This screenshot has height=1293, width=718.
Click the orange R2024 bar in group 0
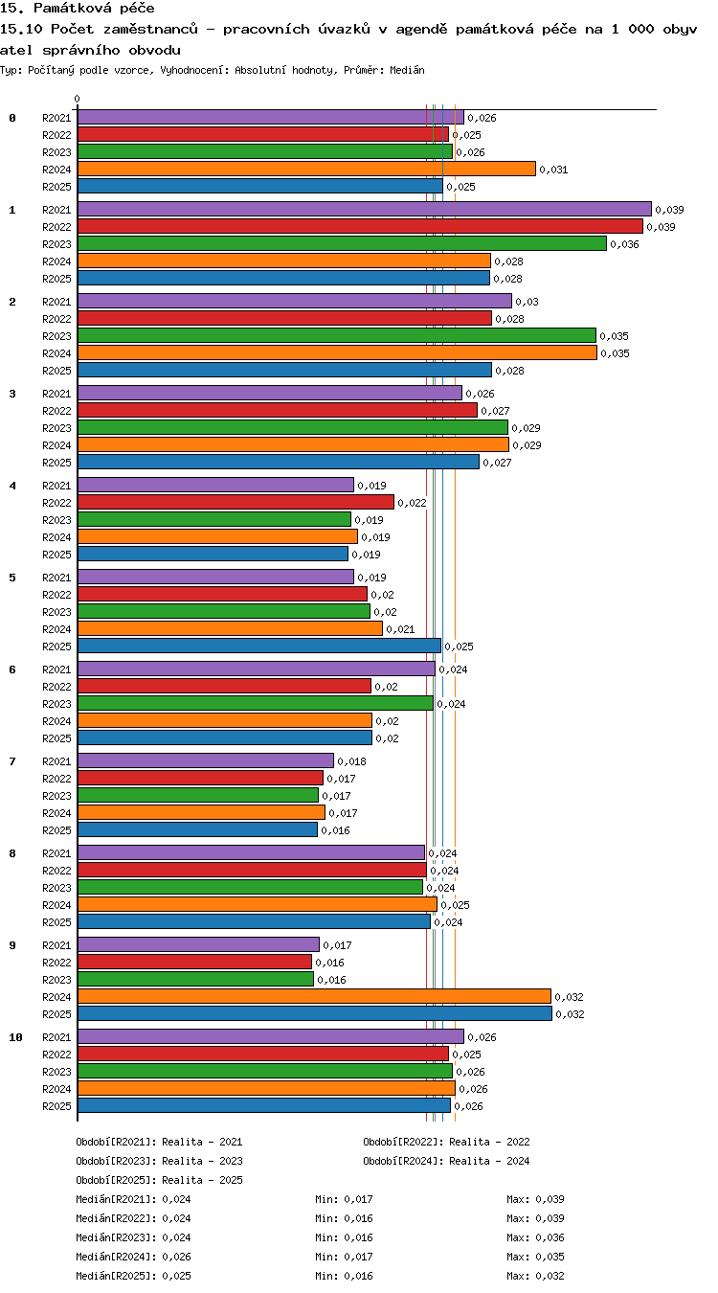click(x=306, y=170)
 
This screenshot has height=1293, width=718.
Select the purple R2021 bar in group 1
click(x=365, y=209)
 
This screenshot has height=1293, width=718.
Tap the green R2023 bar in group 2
click(x=337, y=335)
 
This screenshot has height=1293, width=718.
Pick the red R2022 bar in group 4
click(x=236, y=502)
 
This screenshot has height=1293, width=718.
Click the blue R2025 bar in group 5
click(x=259, y=646)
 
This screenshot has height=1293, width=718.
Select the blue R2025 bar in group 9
click(x=315, y=1013)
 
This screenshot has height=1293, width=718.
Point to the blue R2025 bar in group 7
click(x=198, y=830)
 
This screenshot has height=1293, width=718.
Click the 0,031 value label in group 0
click(x=553, y=170)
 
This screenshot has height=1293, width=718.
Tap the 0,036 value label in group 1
click(x=624, y=244)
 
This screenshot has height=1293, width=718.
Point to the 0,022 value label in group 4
click(x=412, y=503)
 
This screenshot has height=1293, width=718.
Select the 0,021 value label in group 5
click(x=400, y=629)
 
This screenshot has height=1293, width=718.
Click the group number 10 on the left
click(x=15, y=1037)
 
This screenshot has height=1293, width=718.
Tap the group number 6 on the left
click(x=12, y=669)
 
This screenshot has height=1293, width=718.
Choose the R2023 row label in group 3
click(x=56, y=428)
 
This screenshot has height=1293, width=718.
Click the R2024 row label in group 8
click(x=56, y=905)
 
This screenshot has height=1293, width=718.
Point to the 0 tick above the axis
click(x=78, y=100)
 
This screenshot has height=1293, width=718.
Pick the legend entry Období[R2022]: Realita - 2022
click(x=446, y=1142)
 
